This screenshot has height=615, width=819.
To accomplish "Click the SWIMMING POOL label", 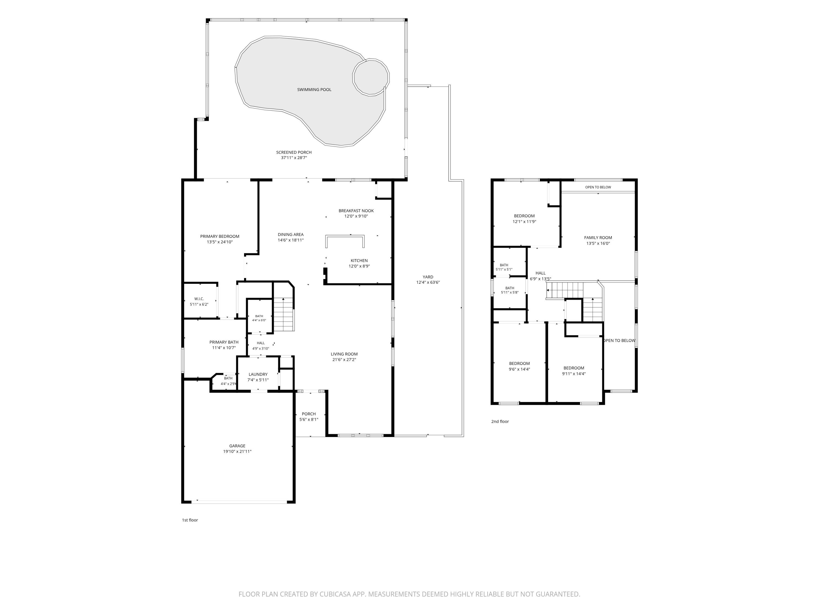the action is [x=314, y=90].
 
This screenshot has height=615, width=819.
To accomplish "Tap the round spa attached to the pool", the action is [x=371, y=77].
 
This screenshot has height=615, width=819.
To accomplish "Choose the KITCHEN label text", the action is [x=359, y=260].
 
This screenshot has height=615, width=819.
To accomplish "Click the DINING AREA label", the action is [x=291, y=235].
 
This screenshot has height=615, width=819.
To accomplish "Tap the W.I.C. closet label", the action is [x=199, y=299].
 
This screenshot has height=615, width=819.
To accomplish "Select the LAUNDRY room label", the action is [x=258, y=374].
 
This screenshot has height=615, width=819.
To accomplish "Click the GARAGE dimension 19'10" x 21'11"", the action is [x=237, y=452].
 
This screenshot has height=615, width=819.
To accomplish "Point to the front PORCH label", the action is [x=309, y=414].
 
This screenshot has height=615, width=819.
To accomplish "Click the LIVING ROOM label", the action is [x=344, y=354].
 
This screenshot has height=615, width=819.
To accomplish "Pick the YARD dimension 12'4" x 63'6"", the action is [x=428, y=282].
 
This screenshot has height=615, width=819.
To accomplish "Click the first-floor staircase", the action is [x=284, y=314].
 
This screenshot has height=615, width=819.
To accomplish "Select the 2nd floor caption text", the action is [x=500, y=421].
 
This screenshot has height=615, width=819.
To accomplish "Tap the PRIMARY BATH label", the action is [x=224, y=342].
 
